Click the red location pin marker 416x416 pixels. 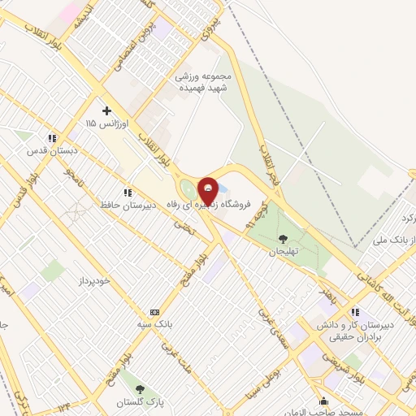pyautogui.click(x=209, y=191)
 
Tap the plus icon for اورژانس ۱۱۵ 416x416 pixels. pyautogui.click(x=106, y=110)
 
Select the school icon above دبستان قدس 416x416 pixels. pyautogui.click(x=53, y=138)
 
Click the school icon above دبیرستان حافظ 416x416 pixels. pyautogui.click(x=128, y=193)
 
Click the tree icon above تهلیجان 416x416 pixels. pyautogui.click(x=283, y=239)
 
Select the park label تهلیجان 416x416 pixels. pyautogui.click(x=284, y=252)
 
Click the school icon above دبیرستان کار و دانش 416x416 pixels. pyautogui.click(x=355, y=312)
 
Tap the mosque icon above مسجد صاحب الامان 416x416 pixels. pyautogui.click(x=323, y=401)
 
